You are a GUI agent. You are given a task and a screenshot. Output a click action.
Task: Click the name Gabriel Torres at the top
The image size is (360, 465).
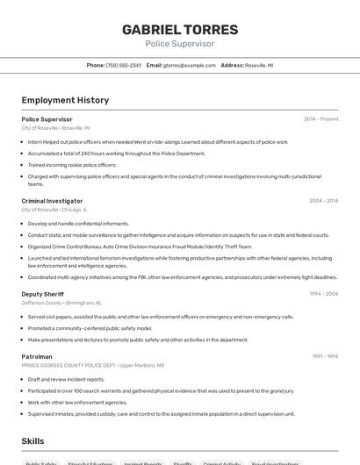(179, 29)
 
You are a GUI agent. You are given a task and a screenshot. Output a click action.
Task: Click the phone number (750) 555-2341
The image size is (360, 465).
(123, 65)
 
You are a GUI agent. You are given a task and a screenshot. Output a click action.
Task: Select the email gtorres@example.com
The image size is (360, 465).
(189, 65)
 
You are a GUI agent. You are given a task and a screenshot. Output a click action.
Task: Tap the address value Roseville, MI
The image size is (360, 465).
(259, 65)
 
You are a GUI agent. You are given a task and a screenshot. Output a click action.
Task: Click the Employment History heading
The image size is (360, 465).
(65, 100)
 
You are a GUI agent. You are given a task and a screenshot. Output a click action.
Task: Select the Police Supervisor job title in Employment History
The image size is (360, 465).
(47, 119)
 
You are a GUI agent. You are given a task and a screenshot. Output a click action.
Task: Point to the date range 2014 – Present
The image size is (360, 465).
(320, 119)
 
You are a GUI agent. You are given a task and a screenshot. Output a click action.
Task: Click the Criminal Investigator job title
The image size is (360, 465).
(52, 201)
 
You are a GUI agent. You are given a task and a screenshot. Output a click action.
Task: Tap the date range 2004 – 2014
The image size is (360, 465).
(323, 201)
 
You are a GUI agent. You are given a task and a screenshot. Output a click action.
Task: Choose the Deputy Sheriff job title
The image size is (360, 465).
(44, 294)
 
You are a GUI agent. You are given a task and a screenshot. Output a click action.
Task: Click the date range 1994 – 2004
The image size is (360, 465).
(323, 294)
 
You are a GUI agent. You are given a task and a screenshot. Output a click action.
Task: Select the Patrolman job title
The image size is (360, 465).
(37, 356)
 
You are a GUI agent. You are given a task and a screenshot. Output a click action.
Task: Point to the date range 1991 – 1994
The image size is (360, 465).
(325, 356)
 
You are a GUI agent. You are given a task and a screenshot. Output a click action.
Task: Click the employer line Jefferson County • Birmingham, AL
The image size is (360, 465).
(61, 303)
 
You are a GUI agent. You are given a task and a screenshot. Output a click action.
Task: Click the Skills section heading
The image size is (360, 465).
(33, 440)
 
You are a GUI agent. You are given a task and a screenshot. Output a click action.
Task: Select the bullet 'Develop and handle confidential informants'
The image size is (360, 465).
(78, 224)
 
